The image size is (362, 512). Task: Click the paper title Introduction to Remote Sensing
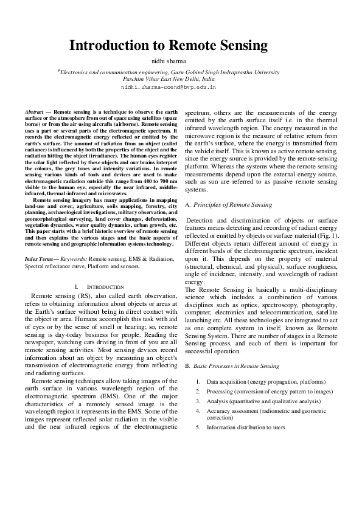pos(169,46)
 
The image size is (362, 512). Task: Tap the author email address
pos(169,88)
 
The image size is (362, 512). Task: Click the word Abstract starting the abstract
pos(34,112)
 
